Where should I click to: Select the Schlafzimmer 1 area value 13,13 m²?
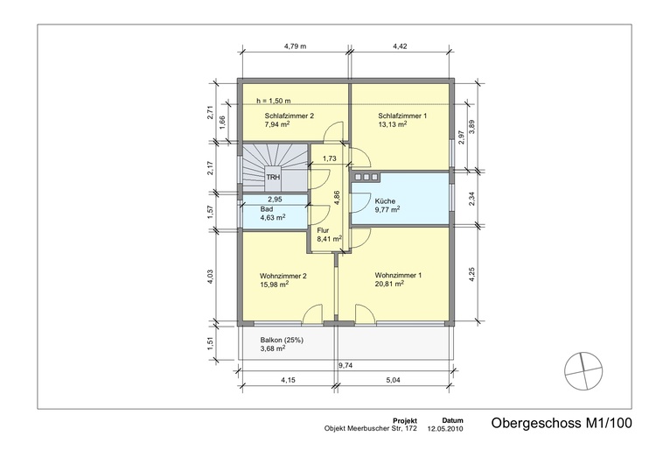[x=394, y=124]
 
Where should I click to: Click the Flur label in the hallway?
[x=324, y=231]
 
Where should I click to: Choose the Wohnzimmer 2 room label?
[x=283, y=276]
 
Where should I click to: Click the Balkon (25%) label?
[x=282, y=340]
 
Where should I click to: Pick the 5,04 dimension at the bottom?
[x=395, y=381]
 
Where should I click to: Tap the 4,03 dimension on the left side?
[x=208, y=276]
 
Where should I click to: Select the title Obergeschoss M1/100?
[x=560, y=424]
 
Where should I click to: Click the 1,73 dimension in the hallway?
[x=329, y=158]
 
